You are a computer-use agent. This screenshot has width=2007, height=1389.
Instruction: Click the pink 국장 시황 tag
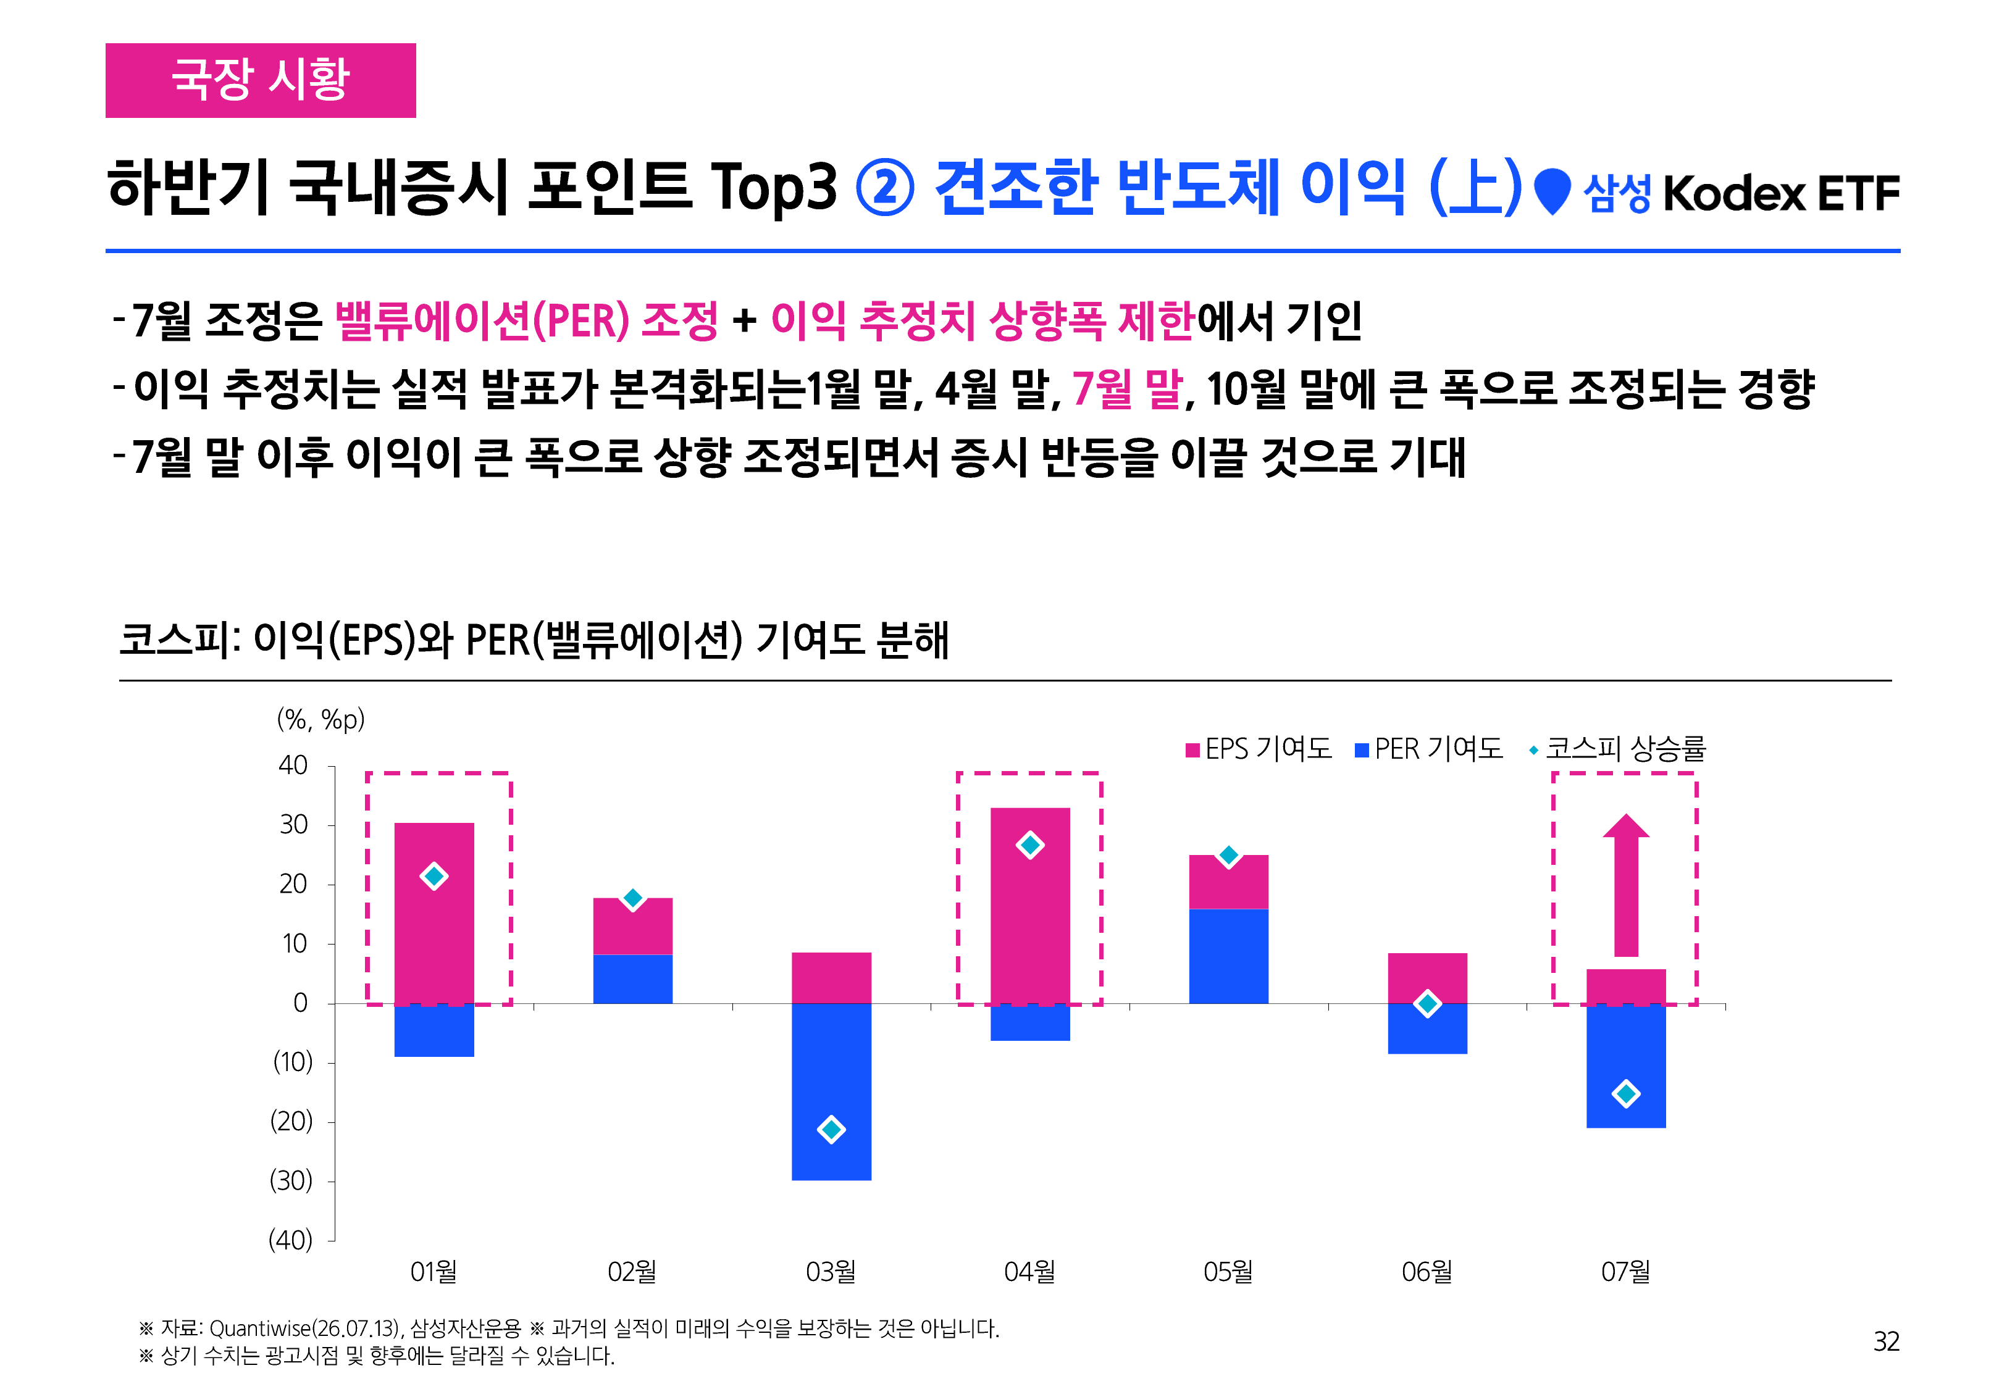point(260,80)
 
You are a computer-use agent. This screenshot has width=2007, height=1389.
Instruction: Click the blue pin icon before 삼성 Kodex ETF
point(1552,191)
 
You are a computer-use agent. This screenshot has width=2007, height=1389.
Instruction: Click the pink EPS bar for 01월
point(434,913)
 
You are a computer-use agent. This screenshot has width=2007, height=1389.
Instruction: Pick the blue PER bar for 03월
point(831,1091)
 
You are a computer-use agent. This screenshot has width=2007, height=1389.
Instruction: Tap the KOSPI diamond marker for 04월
point(1029,845)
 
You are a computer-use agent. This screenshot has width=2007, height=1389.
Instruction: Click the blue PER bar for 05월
point(1228,956)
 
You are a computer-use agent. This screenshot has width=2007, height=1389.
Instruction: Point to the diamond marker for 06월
point(1427,1003)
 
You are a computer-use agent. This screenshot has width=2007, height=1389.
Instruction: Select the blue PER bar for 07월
point(1626,1066)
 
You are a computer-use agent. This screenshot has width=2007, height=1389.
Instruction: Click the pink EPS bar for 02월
point(633,926)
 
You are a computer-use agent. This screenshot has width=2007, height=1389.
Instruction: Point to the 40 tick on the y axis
point(293,766)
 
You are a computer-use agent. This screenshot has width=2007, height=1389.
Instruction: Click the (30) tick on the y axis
point(291,1181)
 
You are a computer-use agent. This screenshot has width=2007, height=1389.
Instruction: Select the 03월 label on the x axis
point(831,1272)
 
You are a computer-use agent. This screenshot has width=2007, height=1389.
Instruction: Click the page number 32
point(1886,1341)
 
